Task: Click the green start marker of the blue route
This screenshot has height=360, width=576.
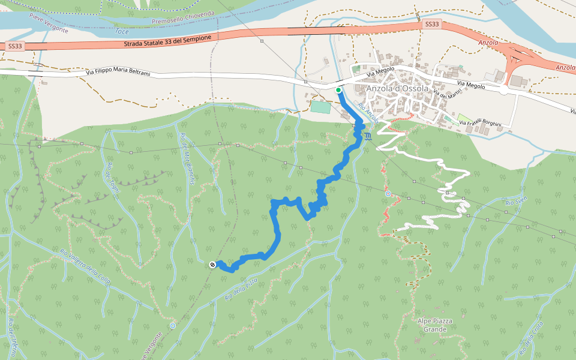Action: pos(338,91)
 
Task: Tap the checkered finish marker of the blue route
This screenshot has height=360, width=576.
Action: pos(212,265)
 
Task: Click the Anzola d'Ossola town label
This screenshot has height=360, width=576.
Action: pos(397,89)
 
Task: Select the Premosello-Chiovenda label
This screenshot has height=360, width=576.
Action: pos(183,18)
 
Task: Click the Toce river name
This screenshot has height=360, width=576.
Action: pos(122,30)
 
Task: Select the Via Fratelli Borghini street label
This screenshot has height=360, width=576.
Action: pos(484,123)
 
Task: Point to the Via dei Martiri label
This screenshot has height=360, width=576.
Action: pos(449,93)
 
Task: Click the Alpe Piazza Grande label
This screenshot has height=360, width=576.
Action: pos(435,326)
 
